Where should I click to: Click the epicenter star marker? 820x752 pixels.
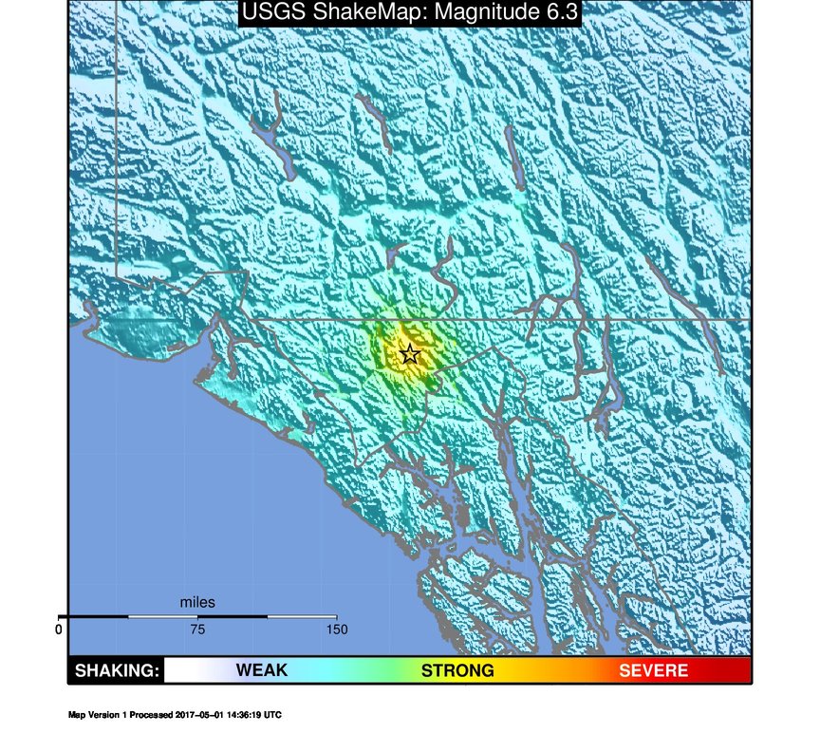point(409,354)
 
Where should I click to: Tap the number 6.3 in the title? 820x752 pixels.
point(556,12)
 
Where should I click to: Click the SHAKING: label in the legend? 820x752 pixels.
point(116,671)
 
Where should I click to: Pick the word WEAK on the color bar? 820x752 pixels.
point(261,671)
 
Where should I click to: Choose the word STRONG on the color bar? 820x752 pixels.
point(457,671)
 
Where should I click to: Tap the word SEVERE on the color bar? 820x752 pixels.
point(654,671)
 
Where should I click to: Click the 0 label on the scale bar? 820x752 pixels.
point(59,630)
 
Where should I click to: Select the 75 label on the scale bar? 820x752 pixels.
point(197,630)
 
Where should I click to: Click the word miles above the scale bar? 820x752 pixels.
point(197,602)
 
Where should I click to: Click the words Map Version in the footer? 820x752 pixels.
point(95,715)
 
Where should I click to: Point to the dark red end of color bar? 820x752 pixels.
point(740,671)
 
